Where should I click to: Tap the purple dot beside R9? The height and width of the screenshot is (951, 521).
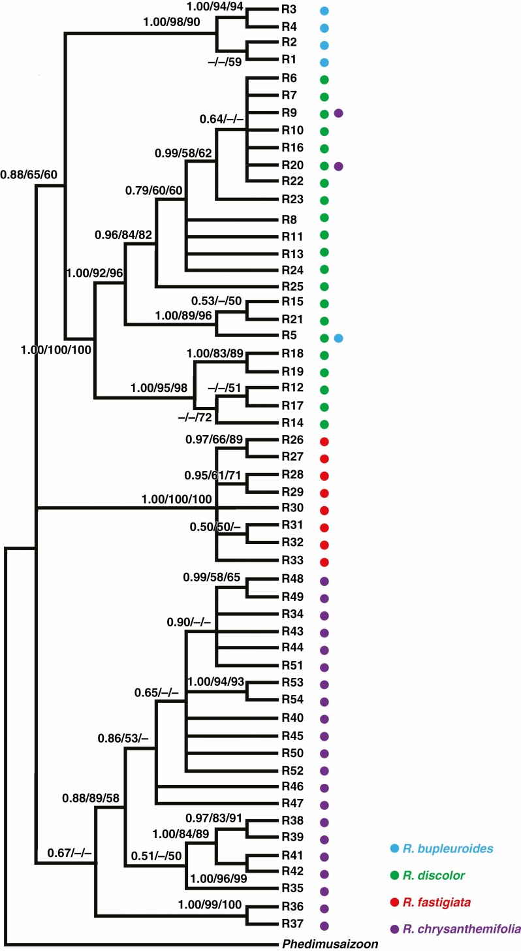click(x=339, y=114)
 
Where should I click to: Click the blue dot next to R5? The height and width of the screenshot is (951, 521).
click(x=339, y=338)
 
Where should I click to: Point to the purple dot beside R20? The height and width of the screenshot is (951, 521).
click(x=339, y=166)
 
